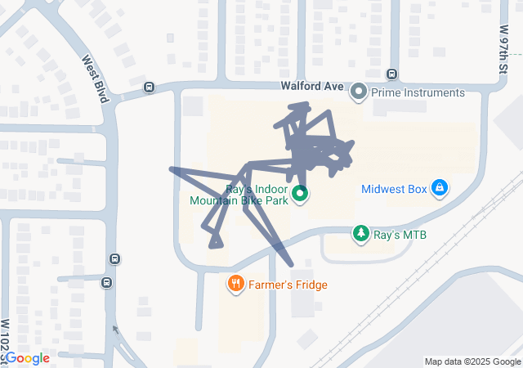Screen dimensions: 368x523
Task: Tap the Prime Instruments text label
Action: (x=418, y=92)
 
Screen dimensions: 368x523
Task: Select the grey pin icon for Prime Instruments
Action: (x=358, y=92)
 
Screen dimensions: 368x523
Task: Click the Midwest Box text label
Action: (x=395, y=189)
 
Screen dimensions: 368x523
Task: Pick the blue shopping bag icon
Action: (x=440, y=188)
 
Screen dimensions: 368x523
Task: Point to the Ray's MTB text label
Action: (x=400, y=235)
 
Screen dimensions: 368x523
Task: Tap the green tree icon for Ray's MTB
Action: (x=360, y=235)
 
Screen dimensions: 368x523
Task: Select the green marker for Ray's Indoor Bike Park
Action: (x=300, y=194)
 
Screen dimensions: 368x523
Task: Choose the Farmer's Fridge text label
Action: (x=288, y=285)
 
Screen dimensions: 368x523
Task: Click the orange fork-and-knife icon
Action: (x=236, y=284)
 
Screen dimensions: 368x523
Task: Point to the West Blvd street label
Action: (x=95, y=79)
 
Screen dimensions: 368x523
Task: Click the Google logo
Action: (x=28, y=358)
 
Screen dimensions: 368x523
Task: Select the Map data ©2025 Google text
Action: (x=472, y=361)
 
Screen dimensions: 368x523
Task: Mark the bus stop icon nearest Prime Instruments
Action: (x=392, y=74)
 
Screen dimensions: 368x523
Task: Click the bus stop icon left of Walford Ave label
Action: (x=149, y=88)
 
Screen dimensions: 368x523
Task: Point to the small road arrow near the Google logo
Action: (x=114, y=330)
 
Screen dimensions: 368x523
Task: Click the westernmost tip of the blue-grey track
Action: (x=171, y=169)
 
